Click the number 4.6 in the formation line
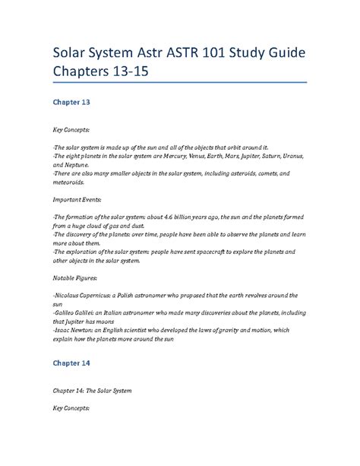tap(178, 217)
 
